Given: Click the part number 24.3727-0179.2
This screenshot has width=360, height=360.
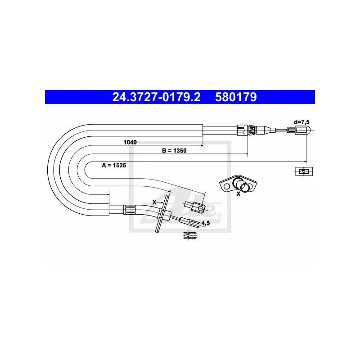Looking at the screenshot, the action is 156,97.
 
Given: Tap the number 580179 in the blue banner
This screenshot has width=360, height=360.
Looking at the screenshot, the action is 236,97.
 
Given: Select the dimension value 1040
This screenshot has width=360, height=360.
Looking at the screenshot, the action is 130,142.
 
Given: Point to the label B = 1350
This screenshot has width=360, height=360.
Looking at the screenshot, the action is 174,151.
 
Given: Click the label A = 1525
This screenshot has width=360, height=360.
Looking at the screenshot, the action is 114,165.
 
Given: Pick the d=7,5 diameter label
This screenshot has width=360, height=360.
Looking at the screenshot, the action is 301,122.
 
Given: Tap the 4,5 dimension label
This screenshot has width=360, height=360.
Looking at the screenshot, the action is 206,223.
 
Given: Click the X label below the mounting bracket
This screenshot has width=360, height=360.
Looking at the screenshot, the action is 238,194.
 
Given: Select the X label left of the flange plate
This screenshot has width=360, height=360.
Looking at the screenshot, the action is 154,202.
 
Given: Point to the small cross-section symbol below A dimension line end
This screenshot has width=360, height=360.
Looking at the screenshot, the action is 304,171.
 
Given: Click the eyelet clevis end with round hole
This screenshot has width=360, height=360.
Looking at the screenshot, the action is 195,207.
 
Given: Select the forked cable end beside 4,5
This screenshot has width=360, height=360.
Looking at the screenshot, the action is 190,222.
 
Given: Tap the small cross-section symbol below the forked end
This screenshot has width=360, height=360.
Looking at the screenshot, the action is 190,235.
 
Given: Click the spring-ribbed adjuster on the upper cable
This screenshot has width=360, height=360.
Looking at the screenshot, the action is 252,130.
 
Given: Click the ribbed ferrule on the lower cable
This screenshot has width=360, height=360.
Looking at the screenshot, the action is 129,210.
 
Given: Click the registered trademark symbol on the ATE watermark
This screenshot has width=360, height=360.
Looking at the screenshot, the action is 220,215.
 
